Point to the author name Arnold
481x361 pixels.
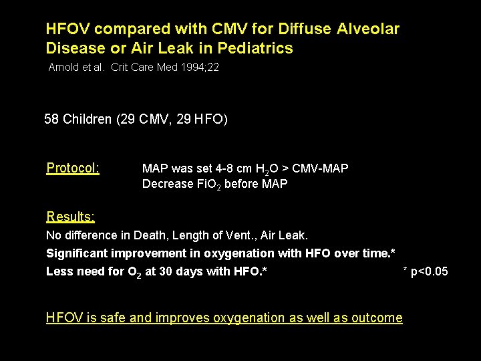(62, 68)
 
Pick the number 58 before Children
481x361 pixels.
(51, 120)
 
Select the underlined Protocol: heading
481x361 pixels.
(73, 168)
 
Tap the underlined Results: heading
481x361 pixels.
(70, 216)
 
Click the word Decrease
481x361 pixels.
(166, 183)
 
